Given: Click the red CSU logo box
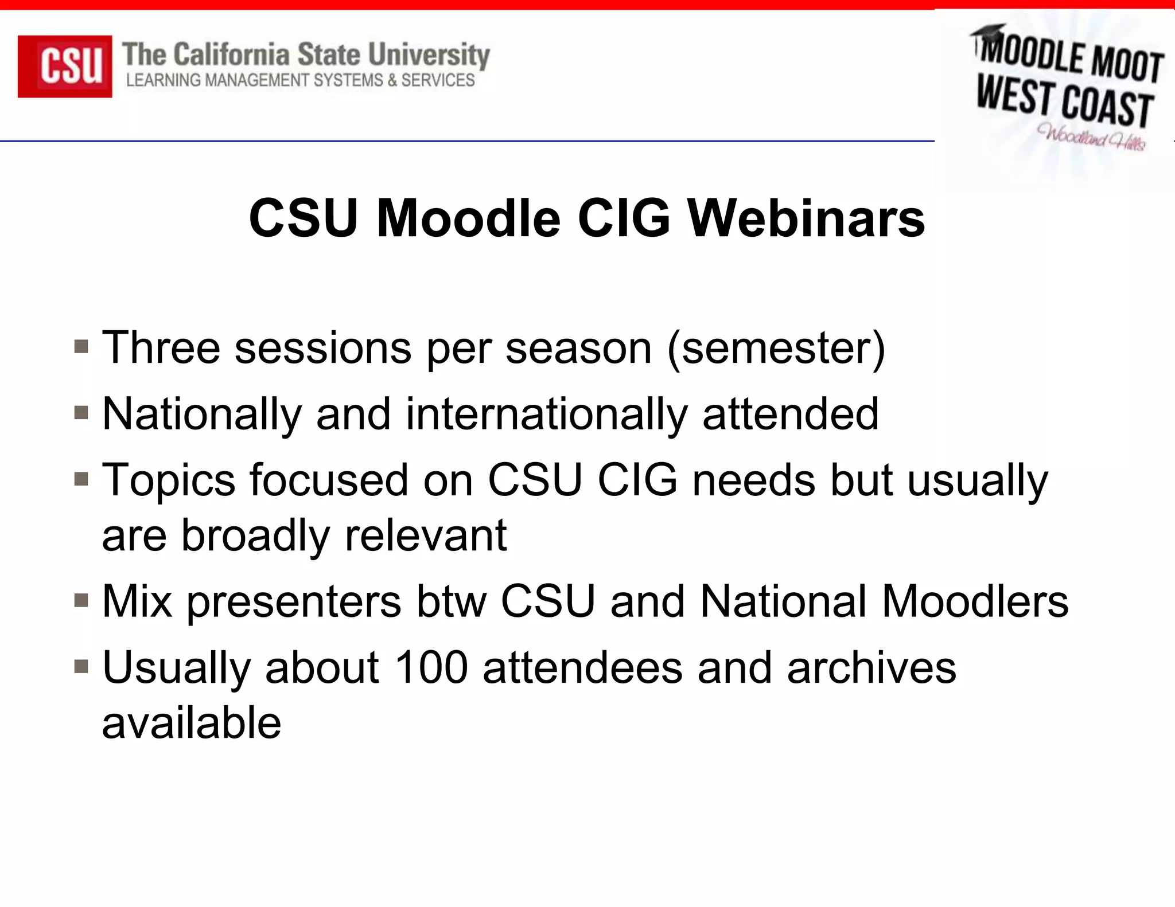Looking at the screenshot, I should click(65, 66).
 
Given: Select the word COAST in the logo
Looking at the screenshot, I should click(1107, 107).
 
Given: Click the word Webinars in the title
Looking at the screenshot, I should click(806, 218).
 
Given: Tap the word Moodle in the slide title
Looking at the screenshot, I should click(468, 218).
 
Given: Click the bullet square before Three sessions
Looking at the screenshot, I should click(81, 347).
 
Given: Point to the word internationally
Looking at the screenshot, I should click(546, 414).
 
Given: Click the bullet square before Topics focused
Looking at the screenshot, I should click(81, 479).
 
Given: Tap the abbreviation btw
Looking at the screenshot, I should click(451, 602).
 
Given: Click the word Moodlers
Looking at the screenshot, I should click(975, 602).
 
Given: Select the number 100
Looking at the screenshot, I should click(431, 668).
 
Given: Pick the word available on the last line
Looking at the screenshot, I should click(192, 724).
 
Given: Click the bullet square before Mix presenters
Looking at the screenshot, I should click(81, 601).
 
